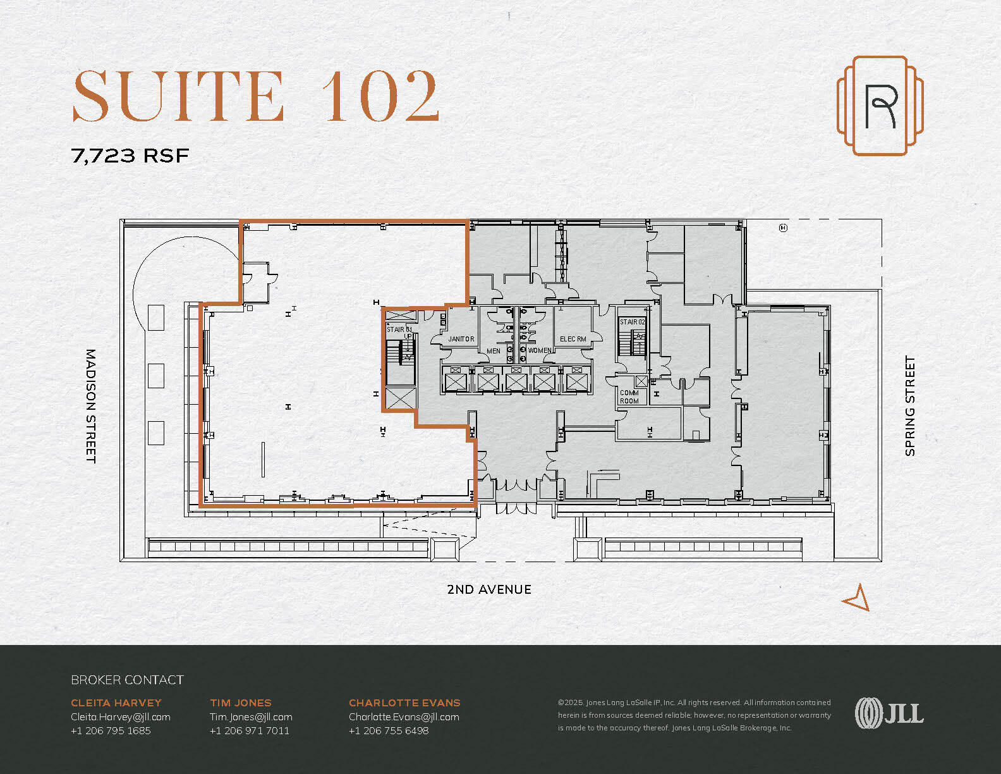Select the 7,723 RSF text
[130, 156]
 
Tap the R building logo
[880, 106]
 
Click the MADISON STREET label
[90, 405]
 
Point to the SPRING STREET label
[910, 405]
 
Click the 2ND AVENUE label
[488, 589]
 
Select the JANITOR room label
[461, 339]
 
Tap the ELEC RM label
[573, 339]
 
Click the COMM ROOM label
[629, 396]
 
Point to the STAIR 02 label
[632, 322]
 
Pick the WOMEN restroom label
[539, 350]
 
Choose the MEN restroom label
[494, 351]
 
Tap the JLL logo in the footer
[889, 713]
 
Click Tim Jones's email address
[251, 716]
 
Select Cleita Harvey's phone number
[111, 730]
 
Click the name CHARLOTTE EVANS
[404, 703]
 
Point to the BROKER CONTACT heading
[127, 680]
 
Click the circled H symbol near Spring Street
[783, 228]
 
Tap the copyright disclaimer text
[694, 715]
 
